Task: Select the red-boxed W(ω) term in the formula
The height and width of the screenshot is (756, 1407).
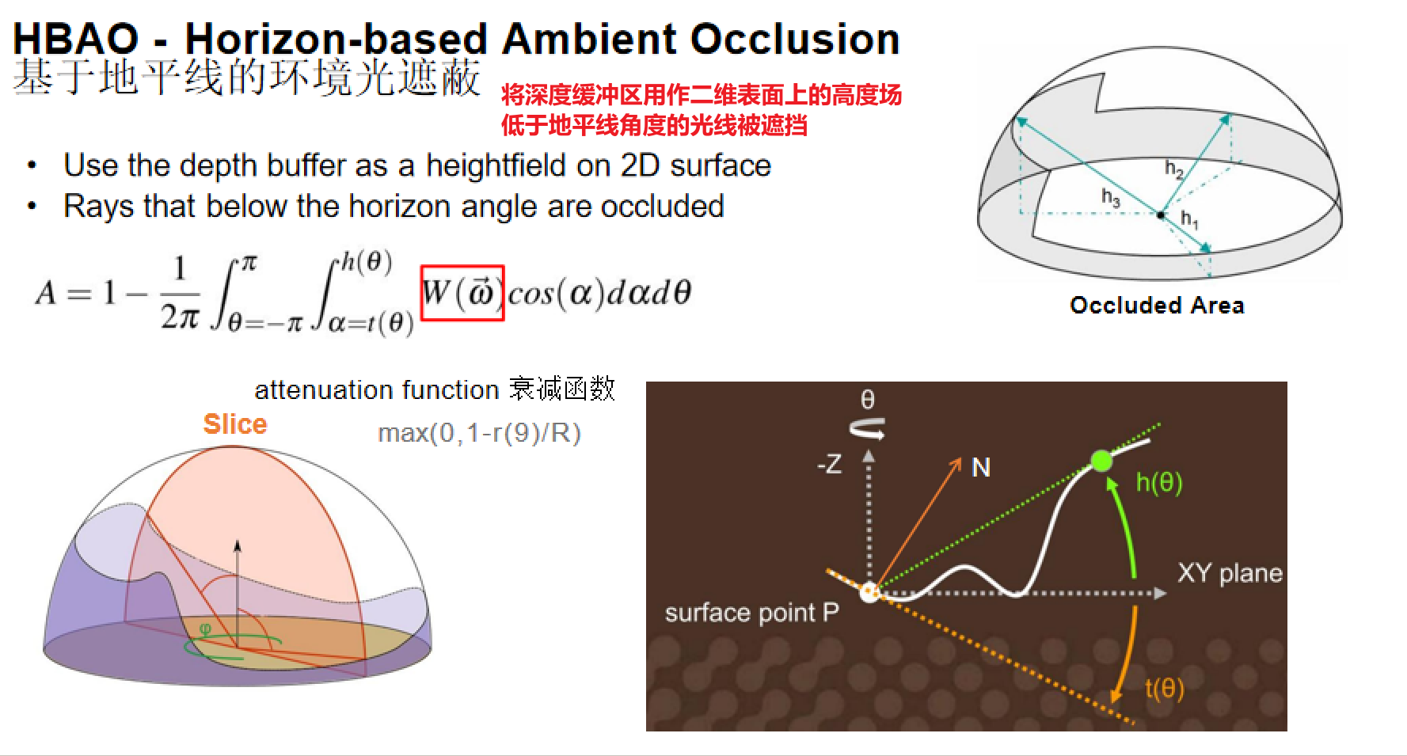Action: (x=462, y=293)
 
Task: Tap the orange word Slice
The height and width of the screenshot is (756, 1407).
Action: (x=235, y=424)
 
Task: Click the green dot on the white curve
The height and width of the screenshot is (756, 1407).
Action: (x=1101, y=461)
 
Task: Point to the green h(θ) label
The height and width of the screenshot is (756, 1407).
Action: (x=1159, y=482)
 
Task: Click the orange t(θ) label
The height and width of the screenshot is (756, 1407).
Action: (x=1164, y=688)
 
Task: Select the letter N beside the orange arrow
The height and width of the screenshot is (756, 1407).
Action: (x=981, y=468)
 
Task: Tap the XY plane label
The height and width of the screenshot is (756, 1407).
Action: (x=1230, y=573)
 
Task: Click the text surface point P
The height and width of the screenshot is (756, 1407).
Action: (x=751, y=613)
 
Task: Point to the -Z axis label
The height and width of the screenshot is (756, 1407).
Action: (x=829, y=465)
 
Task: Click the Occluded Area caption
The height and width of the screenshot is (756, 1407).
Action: (x=1157, y=306)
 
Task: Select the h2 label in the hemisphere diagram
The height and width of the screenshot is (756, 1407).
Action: (x=1174, y=169)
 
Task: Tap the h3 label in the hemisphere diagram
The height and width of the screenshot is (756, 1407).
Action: (x=1111, y=197)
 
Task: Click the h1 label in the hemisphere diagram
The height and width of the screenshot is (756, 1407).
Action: (x=1190, y=218)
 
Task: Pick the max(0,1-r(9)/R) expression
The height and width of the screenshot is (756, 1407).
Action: (x=480, y=433)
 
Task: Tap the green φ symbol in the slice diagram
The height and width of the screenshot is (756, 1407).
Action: (x=205, y=630)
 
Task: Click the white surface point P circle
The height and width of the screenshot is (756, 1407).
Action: (x=869, y=593)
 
